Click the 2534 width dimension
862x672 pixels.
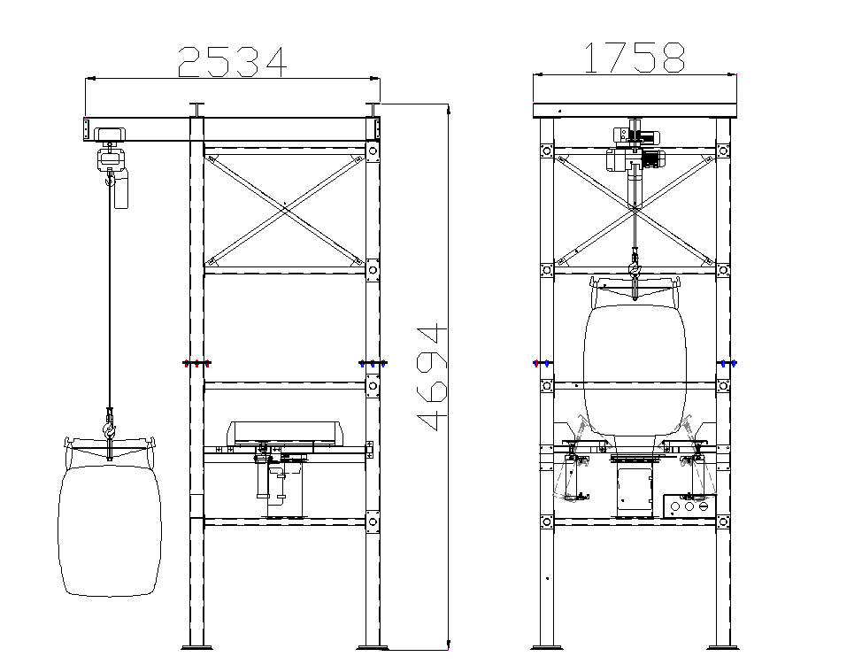232,62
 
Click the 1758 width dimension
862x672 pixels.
635,58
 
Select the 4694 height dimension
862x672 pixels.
433,377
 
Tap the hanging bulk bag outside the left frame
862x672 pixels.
110,530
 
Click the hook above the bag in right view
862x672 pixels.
635,269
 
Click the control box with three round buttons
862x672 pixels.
689,506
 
